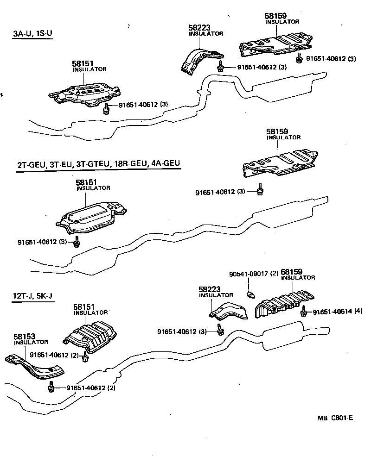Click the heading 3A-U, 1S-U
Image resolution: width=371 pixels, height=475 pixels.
[32, 34]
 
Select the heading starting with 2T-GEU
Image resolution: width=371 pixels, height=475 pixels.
[98, 164]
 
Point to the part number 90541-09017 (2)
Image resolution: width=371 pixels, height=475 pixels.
[253, 274]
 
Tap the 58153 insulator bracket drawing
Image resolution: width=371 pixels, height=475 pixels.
[34, 364]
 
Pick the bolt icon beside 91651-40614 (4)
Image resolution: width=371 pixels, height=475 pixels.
[304, 312]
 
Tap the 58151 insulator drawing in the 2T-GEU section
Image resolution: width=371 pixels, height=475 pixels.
[90, 218]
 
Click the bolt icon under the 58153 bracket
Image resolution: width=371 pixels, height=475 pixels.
[51, 387]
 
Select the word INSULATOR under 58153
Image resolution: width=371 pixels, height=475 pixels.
[31, 342]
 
